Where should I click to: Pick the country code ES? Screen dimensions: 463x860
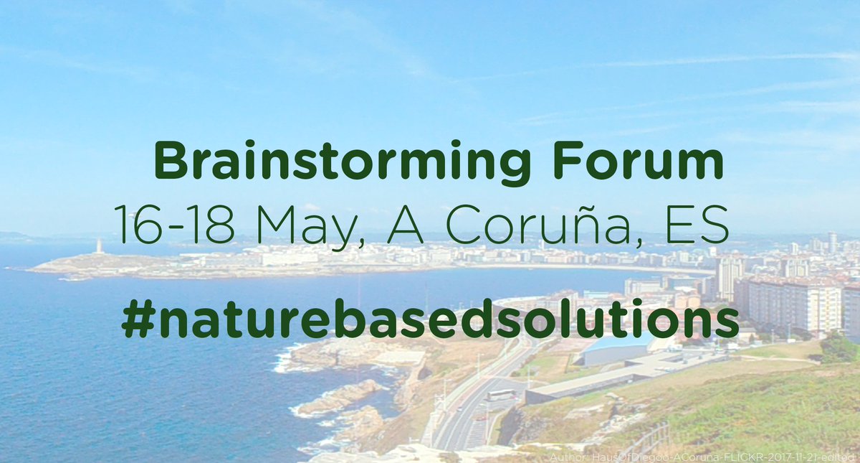(698, 224)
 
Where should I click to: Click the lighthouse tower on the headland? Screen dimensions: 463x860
(99, 246)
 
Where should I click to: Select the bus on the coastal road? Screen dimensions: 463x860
(500, 395)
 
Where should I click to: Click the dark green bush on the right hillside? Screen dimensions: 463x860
(838, 347)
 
